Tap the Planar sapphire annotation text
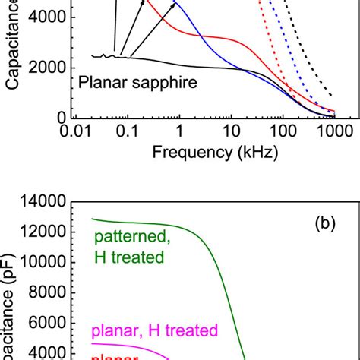tap(137, 82)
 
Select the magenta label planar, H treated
tap(154, 330)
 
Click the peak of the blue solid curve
tap(177, 4)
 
